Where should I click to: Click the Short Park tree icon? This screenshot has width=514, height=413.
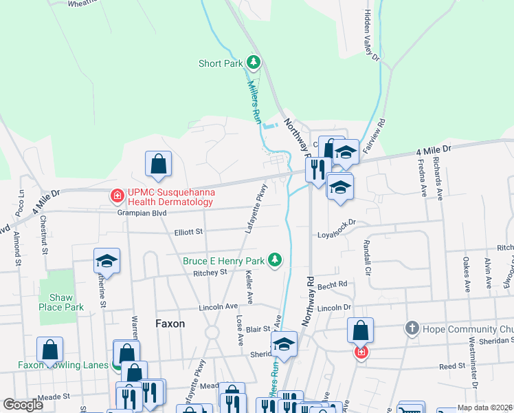[x=254, y=63]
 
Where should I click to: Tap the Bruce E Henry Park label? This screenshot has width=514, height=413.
[x=223, y=261]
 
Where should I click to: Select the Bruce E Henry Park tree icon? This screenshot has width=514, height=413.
[x=275, y=260]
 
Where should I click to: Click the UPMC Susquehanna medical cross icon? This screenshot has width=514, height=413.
[x=117, y=198]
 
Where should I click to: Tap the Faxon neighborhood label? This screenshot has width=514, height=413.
[x=170, y=323]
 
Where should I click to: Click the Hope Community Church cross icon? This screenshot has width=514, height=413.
[x=412, y=327]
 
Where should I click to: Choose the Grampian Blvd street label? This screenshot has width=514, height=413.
[x=142, y=213]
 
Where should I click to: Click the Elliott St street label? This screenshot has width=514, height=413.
[x=188, y=233]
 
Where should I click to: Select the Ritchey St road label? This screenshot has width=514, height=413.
[x=210, y=273]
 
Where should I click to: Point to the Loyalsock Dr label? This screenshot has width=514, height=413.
[x=336, y=233]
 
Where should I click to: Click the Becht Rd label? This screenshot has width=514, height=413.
[x=333, y=284]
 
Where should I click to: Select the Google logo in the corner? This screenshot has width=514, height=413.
[x=23, y=405]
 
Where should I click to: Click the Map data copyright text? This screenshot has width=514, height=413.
[x=485, y=408]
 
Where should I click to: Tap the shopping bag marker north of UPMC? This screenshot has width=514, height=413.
[x=158, y=164]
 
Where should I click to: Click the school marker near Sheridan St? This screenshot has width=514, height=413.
[x=283, y=344]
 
